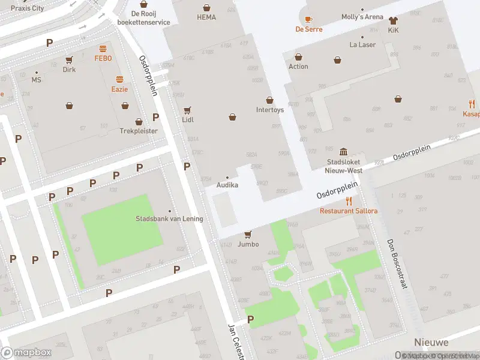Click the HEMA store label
206,17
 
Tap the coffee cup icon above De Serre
309,19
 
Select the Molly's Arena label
362,17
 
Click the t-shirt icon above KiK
393,20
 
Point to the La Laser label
362,44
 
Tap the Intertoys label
269,110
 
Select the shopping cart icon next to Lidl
188,110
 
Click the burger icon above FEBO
103,49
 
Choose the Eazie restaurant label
119,89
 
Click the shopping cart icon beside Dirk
69,59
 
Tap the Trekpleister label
139,130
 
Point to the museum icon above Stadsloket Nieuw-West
343,152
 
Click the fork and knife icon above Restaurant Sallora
349,201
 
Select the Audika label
227,185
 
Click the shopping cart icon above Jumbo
248,235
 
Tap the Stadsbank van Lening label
169,218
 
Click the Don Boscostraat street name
397,263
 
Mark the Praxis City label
28,8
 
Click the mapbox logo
26,353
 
